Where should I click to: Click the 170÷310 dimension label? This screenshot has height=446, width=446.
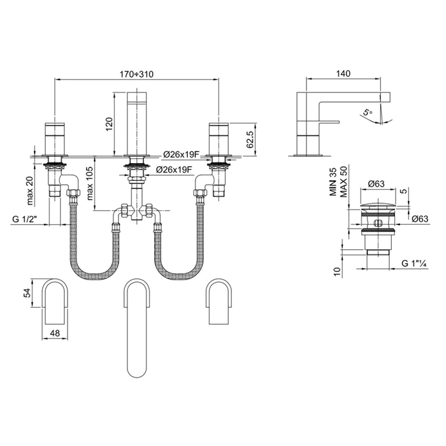click(x=136, y=75)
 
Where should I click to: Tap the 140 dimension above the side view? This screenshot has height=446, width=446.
click(x=343, y=73)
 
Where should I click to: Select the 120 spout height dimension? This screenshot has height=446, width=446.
click(x=110, y=124)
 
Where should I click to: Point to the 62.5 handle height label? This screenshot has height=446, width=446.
click(x=250, y=140)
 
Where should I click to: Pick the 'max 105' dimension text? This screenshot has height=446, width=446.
click(x=90, y=183)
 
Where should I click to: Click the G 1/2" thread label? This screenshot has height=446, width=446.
click(x=25, y=219)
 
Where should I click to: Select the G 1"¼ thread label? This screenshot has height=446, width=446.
click(x=414, y=264)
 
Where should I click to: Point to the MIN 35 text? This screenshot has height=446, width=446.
click(x=333, y=182)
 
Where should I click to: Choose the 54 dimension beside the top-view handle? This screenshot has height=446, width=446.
click(x=27, y=293)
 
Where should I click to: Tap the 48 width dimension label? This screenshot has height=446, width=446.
click(x=55, y=333)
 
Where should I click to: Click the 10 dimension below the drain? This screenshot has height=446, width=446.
click(x=337, y=271)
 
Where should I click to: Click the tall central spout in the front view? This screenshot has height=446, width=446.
click(x=136, y=123)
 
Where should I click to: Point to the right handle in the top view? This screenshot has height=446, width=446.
click(x=219, y=301)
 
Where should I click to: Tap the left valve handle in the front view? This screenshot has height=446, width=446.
click(x=55, y=138)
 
